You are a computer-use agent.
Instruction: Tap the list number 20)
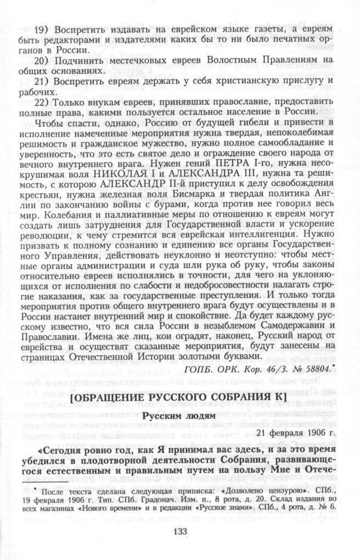[x=42, y=61]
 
